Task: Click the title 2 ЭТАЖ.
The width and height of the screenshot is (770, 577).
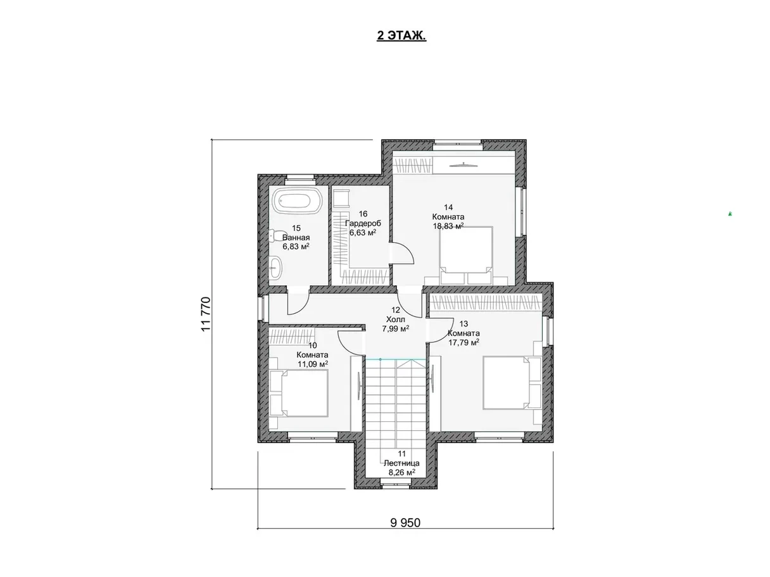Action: coord(401,35)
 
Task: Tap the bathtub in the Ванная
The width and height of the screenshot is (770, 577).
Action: coord(297,201)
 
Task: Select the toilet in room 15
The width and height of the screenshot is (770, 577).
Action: coord(274,235)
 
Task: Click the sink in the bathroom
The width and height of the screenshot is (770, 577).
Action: coord(275,268)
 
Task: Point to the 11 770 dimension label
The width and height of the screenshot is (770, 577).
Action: coord(206,314)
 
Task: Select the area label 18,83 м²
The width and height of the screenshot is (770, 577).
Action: coord(448,226)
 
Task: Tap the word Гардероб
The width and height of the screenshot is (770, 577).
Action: coord(363,223)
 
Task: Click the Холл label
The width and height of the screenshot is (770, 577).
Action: coord(395,319)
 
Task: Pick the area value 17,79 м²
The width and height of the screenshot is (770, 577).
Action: coord(464,342)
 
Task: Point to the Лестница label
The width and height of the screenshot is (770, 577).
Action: coord(401,462)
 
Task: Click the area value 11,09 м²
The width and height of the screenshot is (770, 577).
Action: coord(313,364)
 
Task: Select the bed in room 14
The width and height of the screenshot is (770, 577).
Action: coord(466,255)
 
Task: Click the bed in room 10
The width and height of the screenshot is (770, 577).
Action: coord(299,394)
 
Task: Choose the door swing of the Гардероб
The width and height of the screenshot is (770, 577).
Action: coord(402,253)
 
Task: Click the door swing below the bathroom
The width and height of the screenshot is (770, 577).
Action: coord(298,301)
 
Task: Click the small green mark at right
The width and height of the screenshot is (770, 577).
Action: coord(730,213)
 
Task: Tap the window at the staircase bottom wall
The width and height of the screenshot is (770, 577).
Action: coord(395,485)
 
